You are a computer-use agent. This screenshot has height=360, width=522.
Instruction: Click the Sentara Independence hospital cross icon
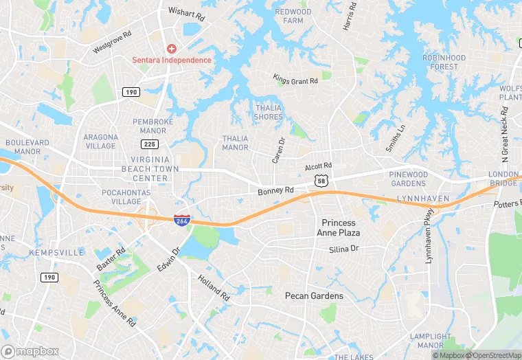click(x=172, y=49)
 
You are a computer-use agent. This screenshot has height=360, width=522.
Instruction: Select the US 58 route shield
click(x=321, y=180)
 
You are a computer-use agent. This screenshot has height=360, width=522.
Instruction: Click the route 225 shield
click(x=149, y=144)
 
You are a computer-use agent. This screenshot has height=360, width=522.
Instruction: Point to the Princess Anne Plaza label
click(x=339, y=227)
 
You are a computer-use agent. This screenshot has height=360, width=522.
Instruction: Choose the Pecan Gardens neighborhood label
click(x=314, y=295)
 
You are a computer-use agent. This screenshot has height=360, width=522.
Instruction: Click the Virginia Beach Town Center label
click(x=150, y=168)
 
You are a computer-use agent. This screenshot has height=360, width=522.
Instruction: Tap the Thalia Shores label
click(x=269, y=112)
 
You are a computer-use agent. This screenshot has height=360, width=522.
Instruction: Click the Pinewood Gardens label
click(x=409, y=179)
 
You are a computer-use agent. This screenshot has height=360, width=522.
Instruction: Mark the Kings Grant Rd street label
click(x=295, y=80)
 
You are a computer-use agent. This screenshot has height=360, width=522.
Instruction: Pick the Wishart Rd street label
click(x=187, y=13)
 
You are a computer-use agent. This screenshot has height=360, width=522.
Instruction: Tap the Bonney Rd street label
click(x=276, y=190)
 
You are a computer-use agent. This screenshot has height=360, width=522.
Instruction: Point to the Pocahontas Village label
click(x=122, y=197)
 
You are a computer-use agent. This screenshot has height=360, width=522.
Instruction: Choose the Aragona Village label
click(x=101, y=141)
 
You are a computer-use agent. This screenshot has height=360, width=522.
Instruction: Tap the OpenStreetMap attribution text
click(x=492, y=355)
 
